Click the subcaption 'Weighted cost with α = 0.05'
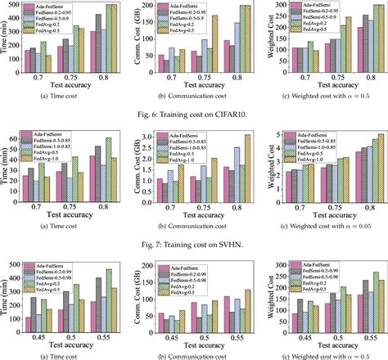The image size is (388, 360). [324, 220]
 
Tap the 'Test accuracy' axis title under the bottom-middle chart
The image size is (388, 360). [192, 347]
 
